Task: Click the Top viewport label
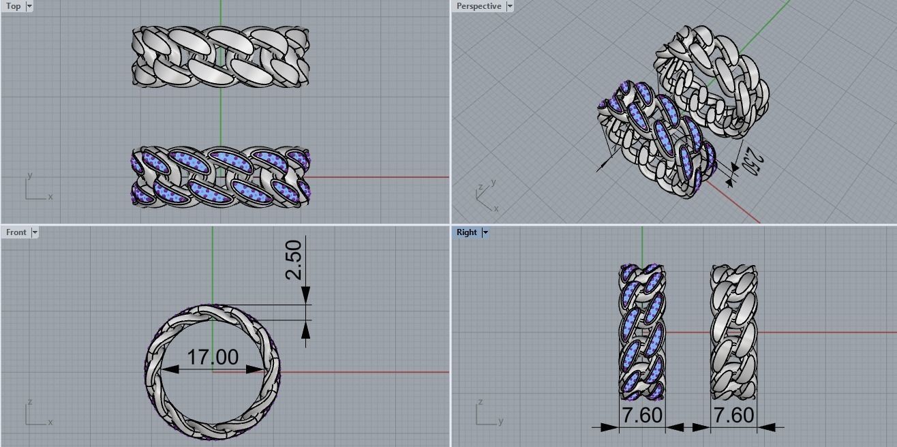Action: [x=13, y=6]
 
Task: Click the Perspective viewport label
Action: [x=478, y=6]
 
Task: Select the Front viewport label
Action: [x=16, y=232]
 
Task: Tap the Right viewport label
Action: [x=467, y=232]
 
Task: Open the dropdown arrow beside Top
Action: [x=29, y=6]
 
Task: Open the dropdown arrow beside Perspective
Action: [x=509, y=6]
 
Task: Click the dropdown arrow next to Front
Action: [x=35, y=232]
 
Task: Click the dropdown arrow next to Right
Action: [x=485, y=232]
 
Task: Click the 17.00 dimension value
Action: [x=213, y=357]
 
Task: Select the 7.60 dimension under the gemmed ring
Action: [x=641, y=415]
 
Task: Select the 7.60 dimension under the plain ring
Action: [x=733, y=415]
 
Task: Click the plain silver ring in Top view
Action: [x=220, y=57]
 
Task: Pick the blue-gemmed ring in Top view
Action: [x=220, y=176]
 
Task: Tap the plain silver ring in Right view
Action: [x=733, y=332]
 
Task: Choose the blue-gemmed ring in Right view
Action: [x=642, y=332]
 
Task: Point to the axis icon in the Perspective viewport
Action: [x=486, y=196]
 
